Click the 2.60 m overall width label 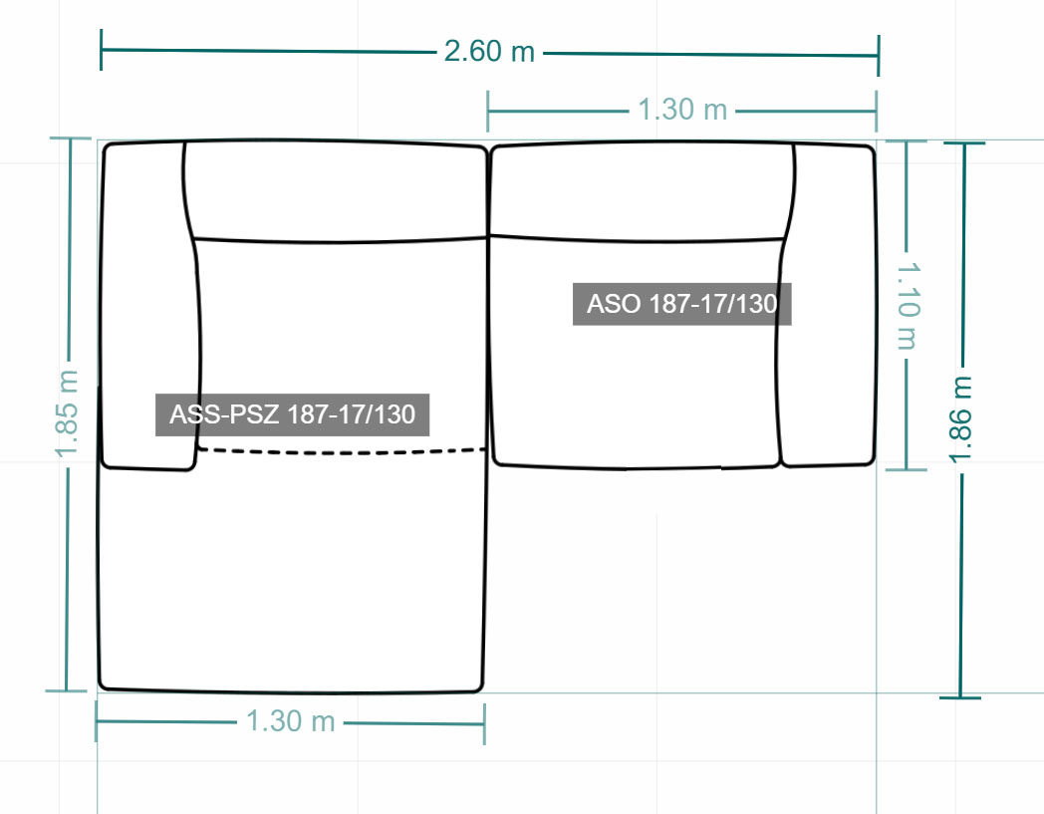(489, 52)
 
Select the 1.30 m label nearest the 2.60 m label (682, 110)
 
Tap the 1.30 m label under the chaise (290, 721)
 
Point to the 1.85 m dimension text (68, 413)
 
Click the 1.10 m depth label (909, 306)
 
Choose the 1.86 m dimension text (961, 419)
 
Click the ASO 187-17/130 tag (681, 305)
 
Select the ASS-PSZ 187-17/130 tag (292, 415)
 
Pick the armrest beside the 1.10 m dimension (828, 305)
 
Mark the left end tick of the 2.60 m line (101, 49)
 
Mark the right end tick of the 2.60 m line (879, 56)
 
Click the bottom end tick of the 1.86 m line (960, 697)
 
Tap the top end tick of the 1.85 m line (71, 138)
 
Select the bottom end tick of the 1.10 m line (907, 469)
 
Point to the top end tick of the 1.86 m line (964, 142)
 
